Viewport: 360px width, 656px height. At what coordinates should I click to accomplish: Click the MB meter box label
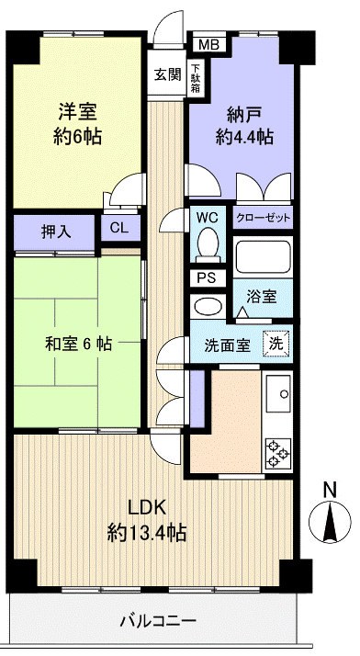[208, 43]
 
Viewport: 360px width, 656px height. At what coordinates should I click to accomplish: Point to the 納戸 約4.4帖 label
[242, 127]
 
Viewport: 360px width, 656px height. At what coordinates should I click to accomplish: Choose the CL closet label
[119, 228]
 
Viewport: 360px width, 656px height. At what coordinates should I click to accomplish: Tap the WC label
[207, 218]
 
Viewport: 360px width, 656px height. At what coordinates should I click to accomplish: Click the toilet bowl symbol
[208, 244]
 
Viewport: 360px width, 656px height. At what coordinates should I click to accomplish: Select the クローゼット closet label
[264, 218]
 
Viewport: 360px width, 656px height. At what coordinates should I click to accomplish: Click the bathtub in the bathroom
[264, 256]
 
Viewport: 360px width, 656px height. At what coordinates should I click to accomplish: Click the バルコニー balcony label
[156, 621]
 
